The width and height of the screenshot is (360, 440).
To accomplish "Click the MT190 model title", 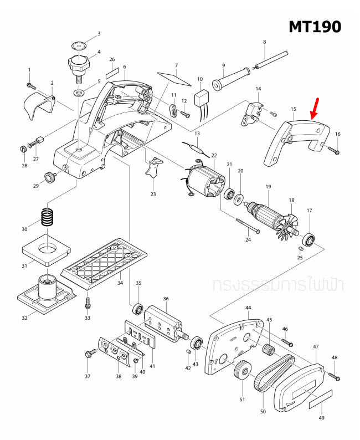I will (x=314, y=26).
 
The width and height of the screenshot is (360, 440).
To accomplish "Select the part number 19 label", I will (x=268, y=187).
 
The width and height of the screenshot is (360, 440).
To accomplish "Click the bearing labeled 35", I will (x=138, y=307).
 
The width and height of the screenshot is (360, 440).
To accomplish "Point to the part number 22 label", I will (x=214, y=156).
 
